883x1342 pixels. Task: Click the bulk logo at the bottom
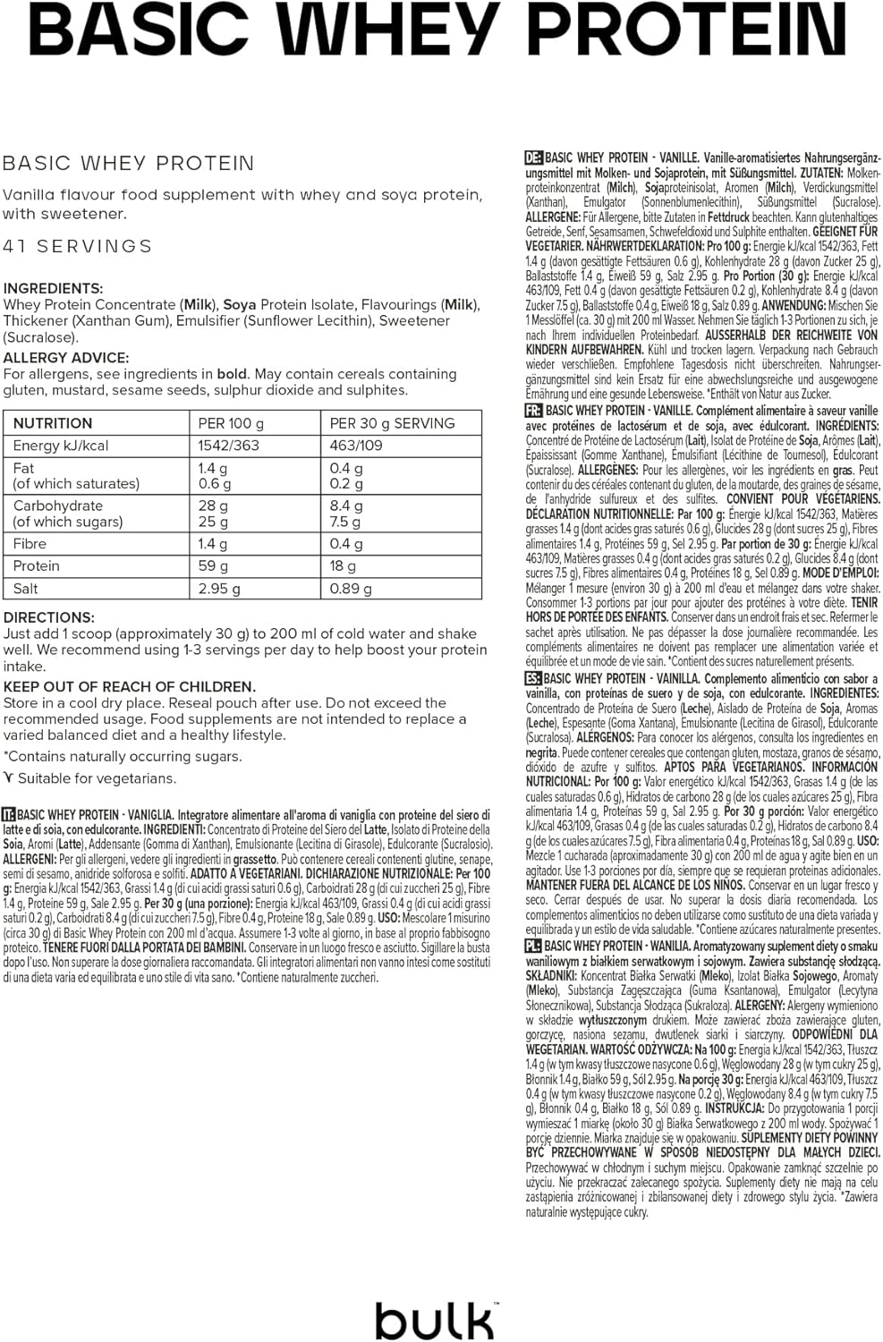pos(434,1318)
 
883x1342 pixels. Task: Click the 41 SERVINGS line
pos(78,246)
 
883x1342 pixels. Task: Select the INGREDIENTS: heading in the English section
pos(53,288)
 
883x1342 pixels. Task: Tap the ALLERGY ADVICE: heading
pos(66,358)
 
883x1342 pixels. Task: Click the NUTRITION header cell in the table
pos(53,423)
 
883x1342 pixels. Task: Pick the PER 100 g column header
pos(231,423)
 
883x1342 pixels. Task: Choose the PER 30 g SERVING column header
pos(392,423)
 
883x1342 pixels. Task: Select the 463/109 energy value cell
pos(356,446)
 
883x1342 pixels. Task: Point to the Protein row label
pos(37,566)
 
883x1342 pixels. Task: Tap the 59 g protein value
pos(213,566)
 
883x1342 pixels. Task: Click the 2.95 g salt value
pos(219,589)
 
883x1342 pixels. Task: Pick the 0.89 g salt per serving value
pos(351,589)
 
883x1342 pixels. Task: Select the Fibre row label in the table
pos(30,544)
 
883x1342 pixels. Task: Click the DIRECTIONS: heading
pos(49,617)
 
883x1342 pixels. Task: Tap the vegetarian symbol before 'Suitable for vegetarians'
pos(9,777)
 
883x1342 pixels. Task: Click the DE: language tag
pos(533,157)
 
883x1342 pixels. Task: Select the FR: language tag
pos(533,411)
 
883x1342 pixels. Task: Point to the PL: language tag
pos(533,946)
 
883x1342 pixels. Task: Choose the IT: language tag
pos(9,815)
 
